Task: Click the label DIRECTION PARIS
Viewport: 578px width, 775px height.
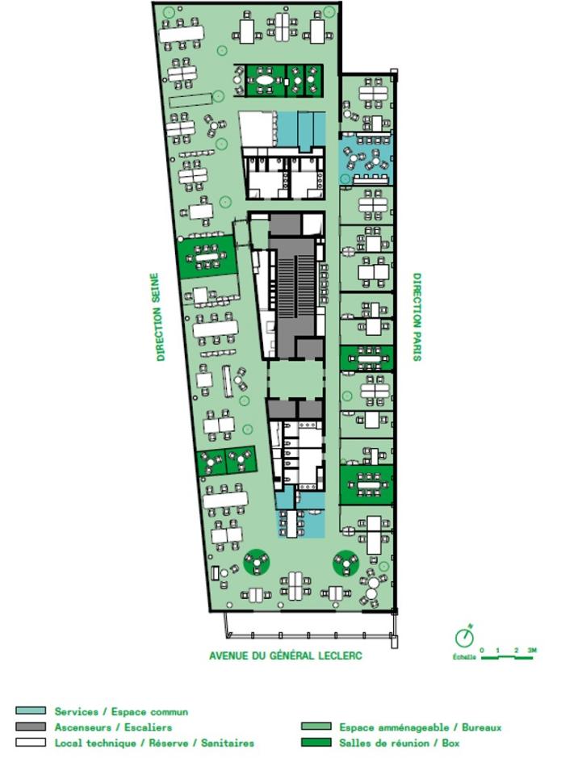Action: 417,316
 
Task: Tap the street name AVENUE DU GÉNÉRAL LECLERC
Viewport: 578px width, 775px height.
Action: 286,656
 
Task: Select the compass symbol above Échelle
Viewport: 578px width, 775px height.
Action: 464,636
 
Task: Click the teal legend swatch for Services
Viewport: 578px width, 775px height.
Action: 31,711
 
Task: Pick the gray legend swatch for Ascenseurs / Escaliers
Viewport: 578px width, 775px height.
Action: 31,727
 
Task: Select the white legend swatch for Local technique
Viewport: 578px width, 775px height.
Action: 31,742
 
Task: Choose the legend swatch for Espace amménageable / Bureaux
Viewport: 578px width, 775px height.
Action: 316,727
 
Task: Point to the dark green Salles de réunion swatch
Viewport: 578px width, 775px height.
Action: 316,742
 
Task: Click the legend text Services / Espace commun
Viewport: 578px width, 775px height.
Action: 121,711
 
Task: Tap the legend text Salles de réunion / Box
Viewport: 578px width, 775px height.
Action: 399,742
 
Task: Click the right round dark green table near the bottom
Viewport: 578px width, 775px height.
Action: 346,563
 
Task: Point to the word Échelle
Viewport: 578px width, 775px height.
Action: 464,656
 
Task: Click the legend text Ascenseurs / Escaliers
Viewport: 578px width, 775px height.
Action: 113,727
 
